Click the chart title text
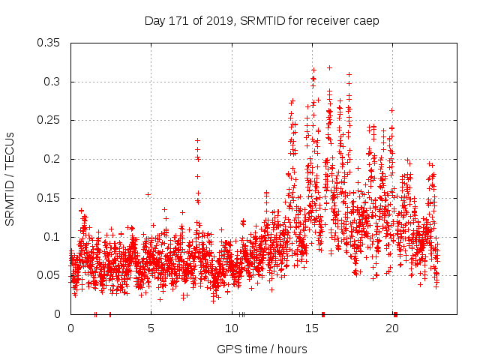point(261,20)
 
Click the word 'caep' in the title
point(367,20)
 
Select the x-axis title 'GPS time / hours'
point(261,349)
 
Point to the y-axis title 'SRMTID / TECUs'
point(10,178)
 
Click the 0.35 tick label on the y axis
point(49,43)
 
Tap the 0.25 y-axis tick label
point(49,120)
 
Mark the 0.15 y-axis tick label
point(49,198)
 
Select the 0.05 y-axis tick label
point(49,275)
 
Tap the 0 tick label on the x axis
point(70,328)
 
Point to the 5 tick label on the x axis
point(151,328)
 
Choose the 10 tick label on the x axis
point(232,328)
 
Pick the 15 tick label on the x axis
point(312,328)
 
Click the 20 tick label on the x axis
point(392,328)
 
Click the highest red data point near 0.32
point(329,67)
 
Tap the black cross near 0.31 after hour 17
point(349,74)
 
